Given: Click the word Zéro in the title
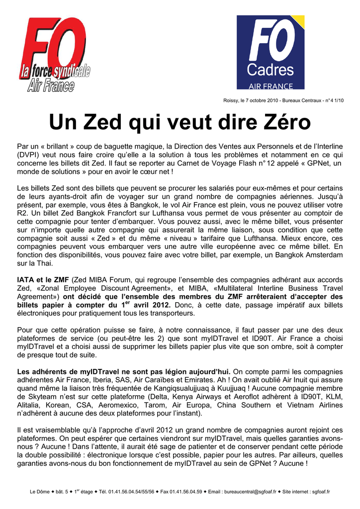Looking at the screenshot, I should pos(283,122).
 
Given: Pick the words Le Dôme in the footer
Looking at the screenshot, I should pos(40,492).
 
